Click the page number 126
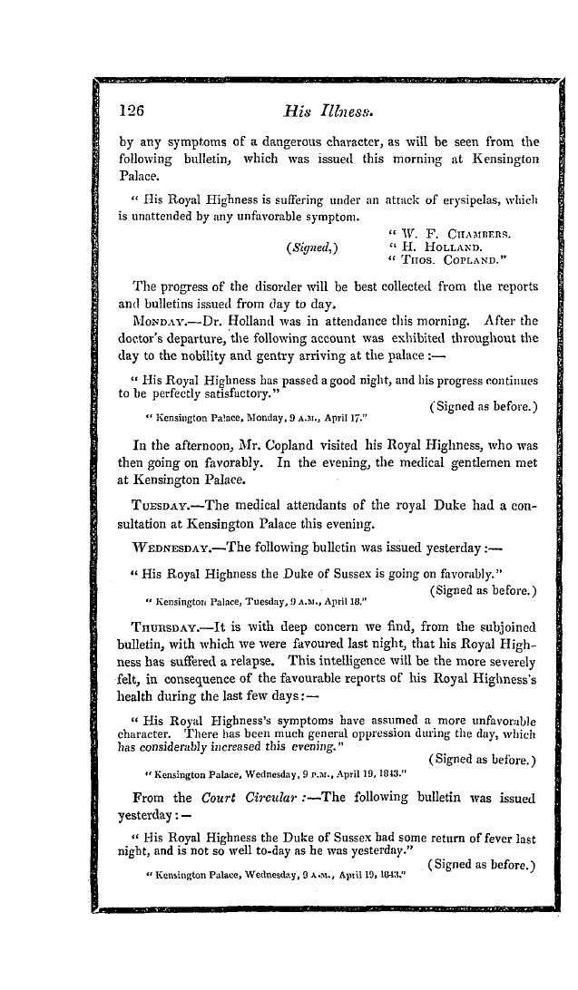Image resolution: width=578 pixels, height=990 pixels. pyautogui.click(x=132, y=110)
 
